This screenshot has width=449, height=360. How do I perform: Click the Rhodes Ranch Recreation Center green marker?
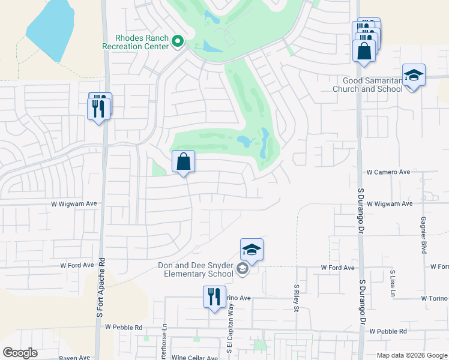click(x=177, y=41)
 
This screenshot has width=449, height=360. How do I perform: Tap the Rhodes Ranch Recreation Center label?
click(x=135, y=41)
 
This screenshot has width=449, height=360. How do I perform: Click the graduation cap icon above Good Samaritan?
click(x=414, y=76)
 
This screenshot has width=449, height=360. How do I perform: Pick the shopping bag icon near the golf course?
click(x=183, y=162)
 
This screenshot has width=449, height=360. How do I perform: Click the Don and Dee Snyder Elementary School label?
click(x=196, y=270)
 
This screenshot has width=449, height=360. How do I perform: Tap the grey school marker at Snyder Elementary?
click(x=242, y=269)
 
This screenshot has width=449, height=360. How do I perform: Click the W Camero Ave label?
click(x=388, y=172)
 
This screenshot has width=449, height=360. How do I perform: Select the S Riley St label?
click(x=297, y=298)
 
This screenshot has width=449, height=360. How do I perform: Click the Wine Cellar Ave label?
click(x=194, y=358)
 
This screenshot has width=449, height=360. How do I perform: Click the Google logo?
click(x=20, y=353)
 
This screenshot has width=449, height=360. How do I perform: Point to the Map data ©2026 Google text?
click(x=412, y=355)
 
